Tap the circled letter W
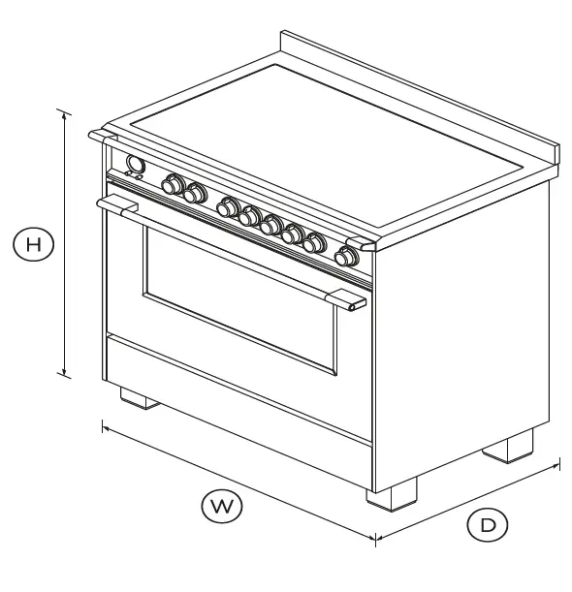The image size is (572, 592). point(222,504)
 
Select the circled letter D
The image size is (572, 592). point(488,524)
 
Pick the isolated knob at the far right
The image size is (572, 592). point(345,256)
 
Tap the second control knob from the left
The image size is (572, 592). point(197,194)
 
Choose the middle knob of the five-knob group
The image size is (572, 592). point(271,225)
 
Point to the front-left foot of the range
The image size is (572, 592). point(136,398)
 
